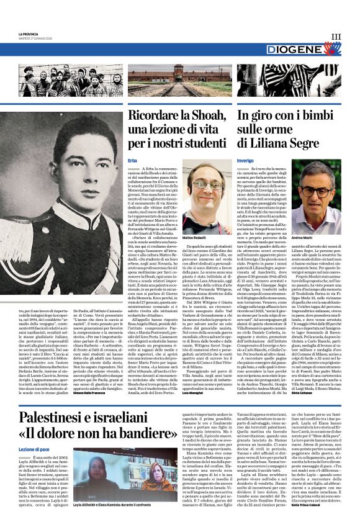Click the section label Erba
click(x=133, y=161)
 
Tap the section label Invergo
click(x=245, y=161)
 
